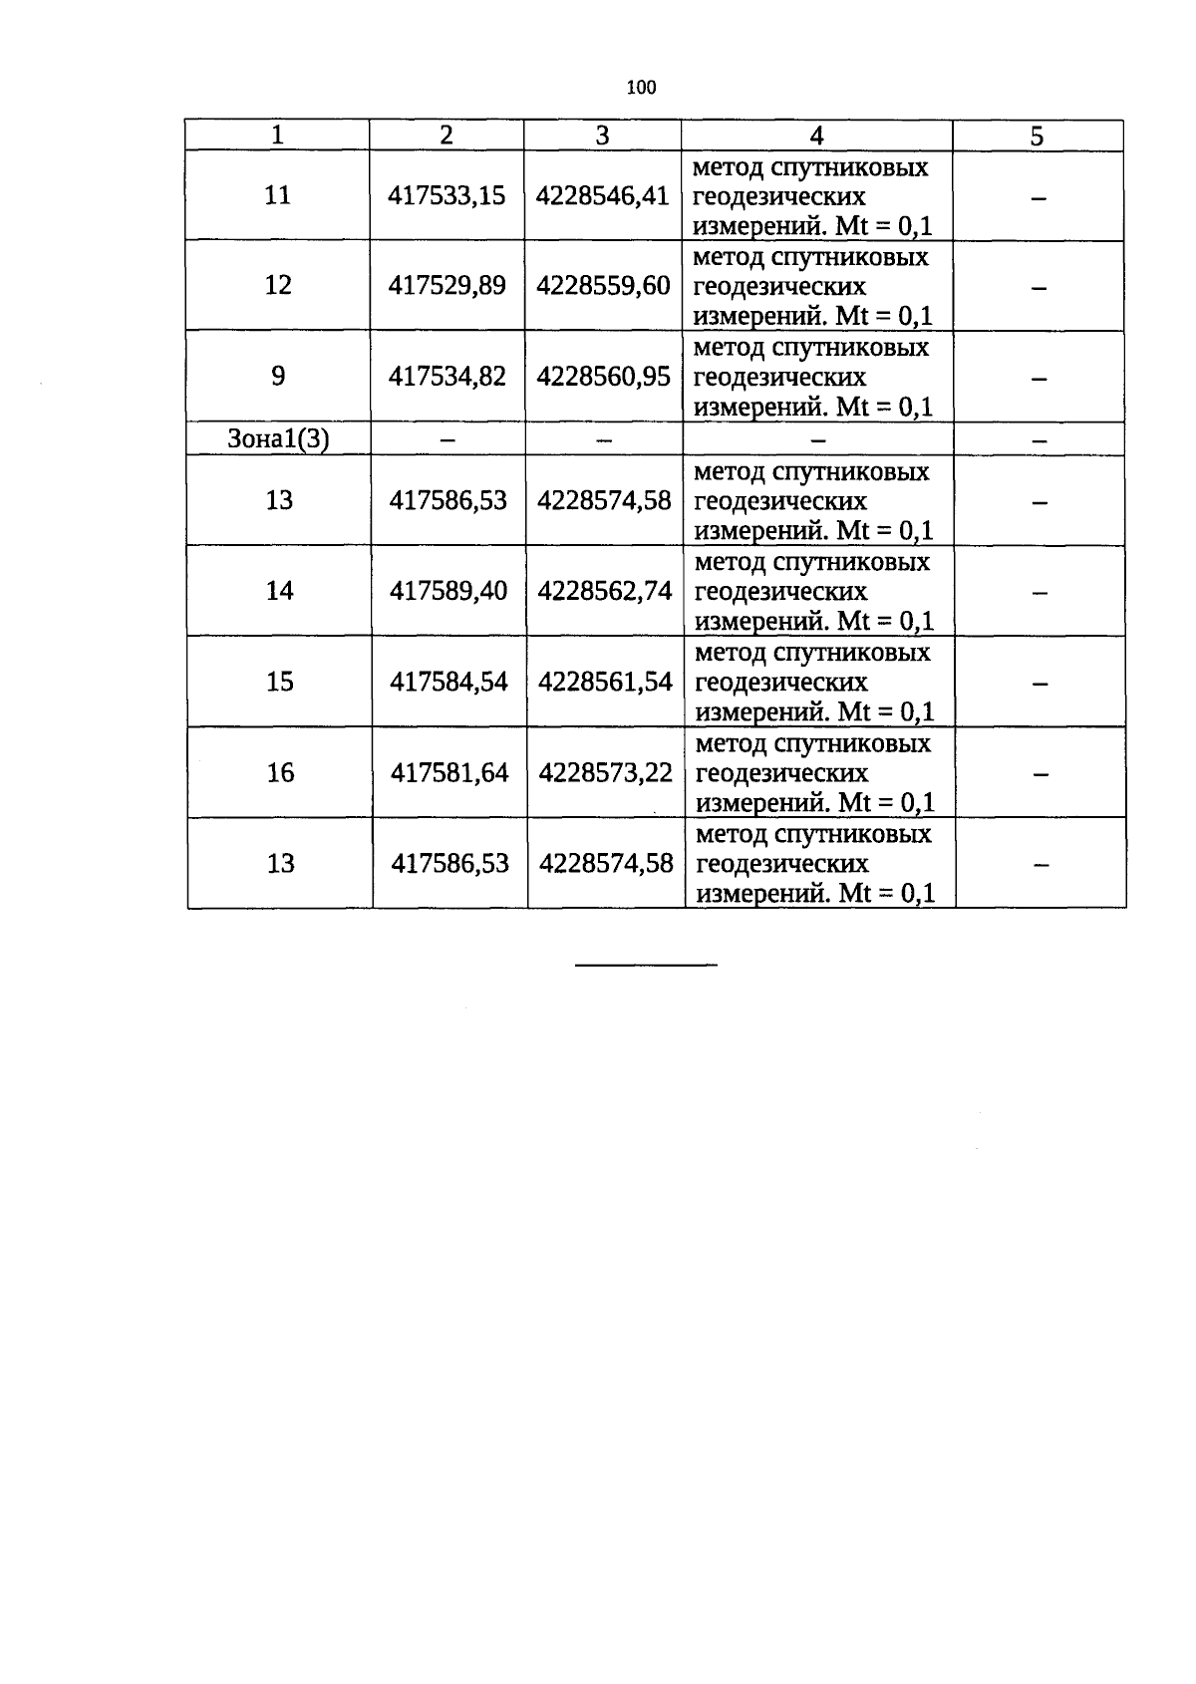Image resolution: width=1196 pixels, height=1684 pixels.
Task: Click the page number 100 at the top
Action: pos(641,88)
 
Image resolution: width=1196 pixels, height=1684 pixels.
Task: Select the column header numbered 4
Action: pos(816,136)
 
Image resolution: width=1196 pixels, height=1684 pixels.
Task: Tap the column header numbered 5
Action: pos(1037,137)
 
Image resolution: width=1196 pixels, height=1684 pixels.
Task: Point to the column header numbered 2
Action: pos(446,136)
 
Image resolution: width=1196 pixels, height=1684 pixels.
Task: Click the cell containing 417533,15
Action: pos(447,196)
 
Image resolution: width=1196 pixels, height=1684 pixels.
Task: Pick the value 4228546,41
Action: pos(602,196)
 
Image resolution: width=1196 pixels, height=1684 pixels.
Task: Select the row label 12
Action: pos(278,285)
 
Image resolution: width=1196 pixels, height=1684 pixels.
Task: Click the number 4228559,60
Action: pos(603,286)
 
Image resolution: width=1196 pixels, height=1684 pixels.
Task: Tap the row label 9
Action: pos(278,376)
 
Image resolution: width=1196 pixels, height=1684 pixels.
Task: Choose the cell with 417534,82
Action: pos(448,376)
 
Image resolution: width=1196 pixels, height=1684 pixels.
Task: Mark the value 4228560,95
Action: pos(603,376)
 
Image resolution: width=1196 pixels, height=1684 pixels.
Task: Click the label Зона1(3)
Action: pos(278,439)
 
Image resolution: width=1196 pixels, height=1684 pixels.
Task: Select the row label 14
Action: pos(279,591)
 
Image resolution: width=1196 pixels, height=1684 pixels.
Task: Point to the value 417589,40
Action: pos(448,591)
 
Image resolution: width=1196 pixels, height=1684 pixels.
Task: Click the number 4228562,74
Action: pos(604,591)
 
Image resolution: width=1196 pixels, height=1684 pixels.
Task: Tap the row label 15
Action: pos(280,682)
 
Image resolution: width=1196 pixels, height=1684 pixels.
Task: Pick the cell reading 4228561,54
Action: pos(605,682)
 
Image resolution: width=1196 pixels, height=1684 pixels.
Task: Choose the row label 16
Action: pos(280,773)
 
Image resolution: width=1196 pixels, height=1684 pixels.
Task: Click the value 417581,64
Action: pos(449,773)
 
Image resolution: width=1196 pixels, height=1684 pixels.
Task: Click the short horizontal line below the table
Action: pos(646,965)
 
